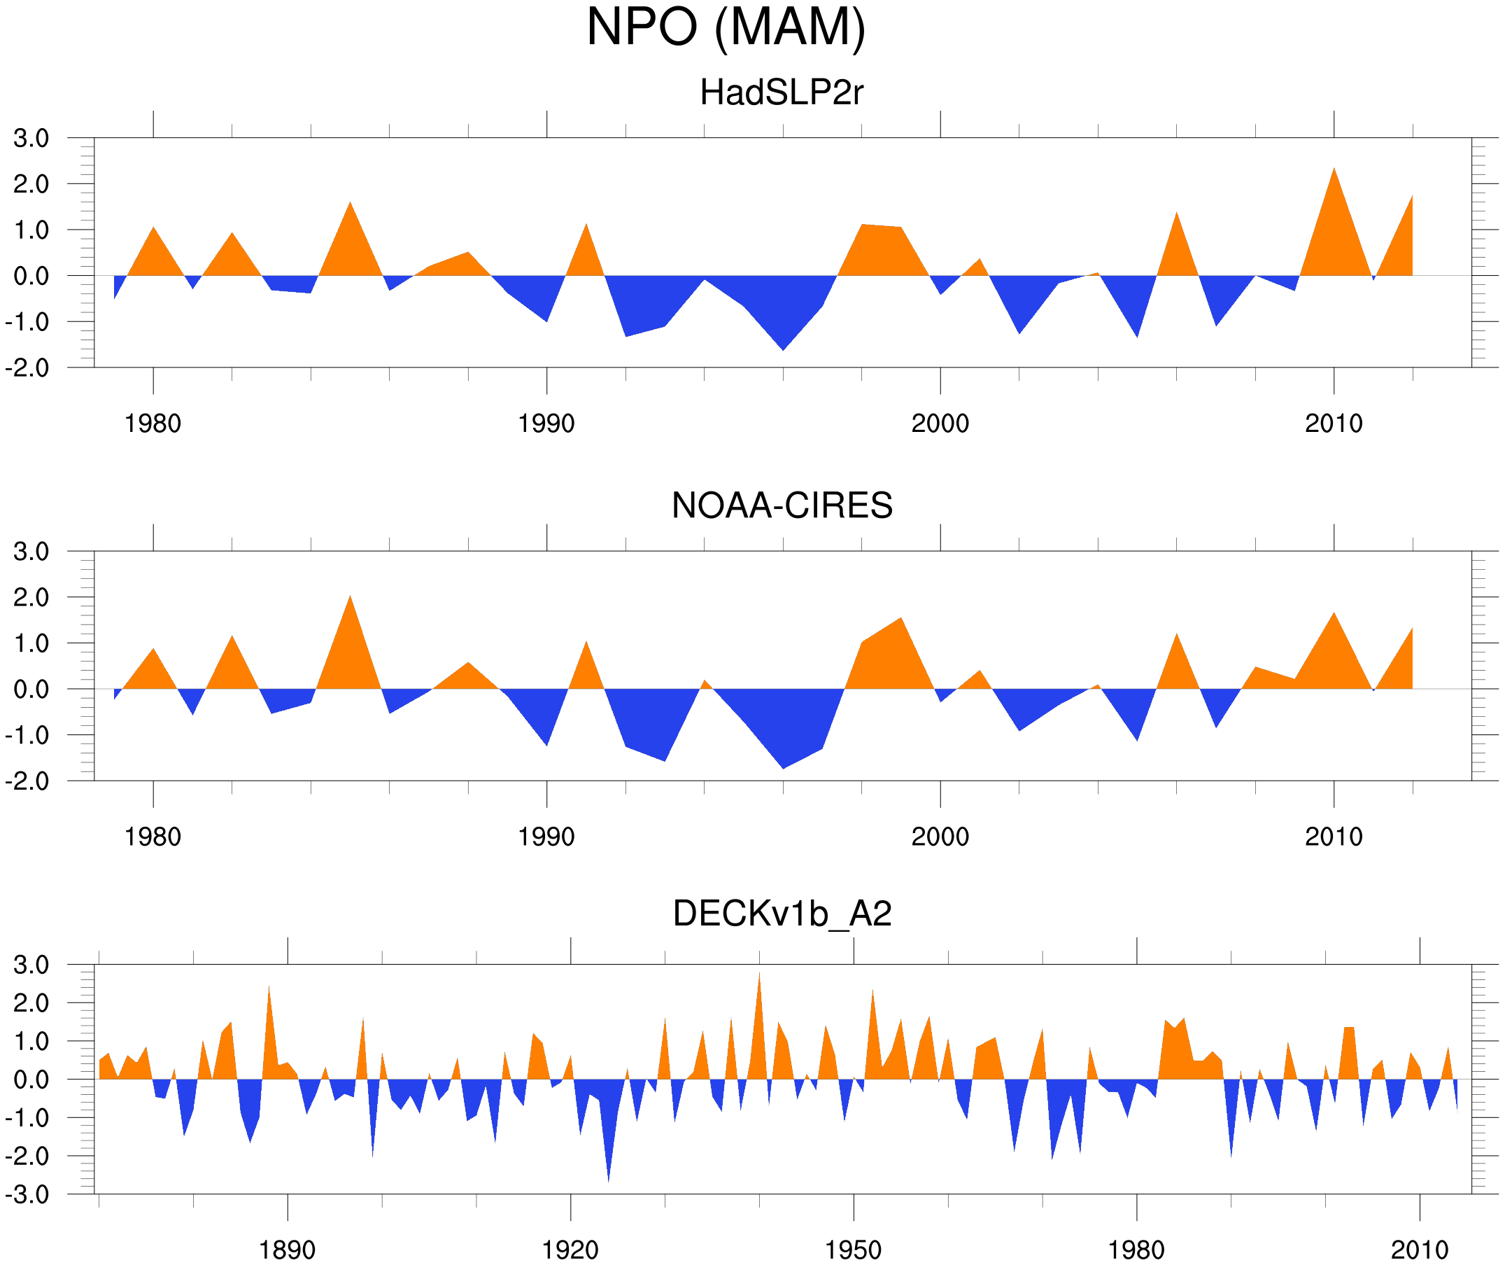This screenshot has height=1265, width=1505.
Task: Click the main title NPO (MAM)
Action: click(726, 27)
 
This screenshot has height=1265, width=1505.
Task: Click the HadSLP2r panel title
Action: click(781, 93)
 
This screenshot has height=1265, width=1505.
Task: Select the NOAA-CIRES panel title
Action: click(782, 505)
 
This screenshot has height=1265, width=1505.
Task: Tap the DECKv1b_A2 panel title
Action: click(782, 914)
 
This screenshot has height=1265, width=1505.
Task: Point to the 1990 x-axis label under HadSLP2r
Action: click(546, 424)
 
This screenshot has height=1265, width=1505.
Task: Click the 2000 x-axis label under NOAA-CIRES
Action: click(940, 837)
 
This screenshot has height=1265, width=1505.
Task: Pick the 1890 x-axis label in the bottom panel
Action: click(287, 1250)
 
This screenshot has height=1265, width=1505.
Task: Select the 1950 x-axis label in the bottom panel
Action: click(853, 1250)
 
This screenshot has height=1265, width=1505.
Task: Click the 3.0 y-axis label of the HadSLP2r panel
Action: click(31, 139)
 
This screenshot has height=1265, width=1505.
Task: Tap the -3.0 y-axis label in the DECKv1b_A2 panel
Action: click(27, 1195)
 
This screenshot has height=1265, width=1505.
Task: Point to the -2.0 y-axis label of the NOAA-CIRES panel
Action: click(27, 782)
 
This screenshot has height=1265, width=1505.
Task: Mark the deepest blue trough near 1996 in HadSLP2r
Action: click(783, 347)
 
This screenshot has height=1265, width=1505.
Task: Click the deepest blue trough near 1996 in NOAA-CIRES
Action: click(783, 766)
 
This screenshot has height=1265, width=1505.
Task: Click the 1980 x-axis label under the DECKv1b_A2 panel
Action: click(1136, 1250)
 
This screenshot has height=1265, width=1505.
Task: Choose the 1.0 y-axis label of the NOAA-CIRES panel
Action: click(31, 644)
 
